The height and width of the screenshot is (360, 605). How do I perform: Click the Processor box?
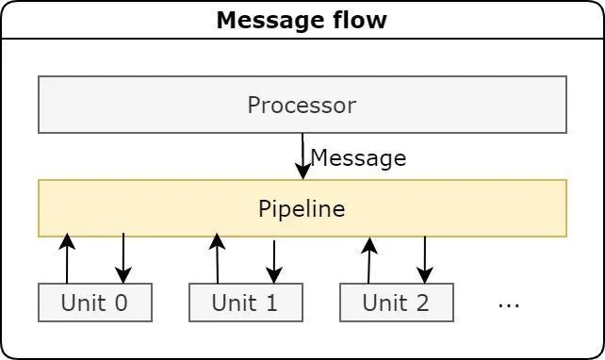click(x=302, y=105)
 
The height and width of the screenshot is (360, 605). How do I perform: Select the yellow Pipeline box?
click(x=302, y=208)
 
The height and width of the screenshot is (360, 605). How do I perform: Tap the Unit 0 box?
click(x=94, y=303)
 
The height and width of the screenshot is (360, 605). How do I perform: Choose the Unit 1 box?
click(x=245, y=303)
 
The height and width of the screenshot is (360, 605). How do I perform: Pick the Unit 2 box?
click(x=396, y=303)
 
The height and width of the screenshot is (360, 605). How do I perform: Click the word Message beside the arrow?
click(x=358, y=158)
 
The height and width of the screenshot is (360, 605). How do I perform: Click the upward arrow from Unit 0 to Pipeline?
click(x=67, y=259)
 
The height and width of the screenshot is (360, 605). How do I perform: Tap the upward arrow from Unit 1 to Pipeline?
click(x=218, y=259)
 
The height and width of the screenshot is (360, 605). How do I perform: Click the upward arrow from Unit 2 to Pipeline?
click(x=369, y=260)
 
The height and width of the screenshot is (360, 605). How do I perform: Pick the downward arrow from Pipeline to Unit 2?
click(x=425, y=260)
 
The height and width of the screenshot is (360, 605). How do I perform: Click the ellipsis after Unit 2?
click(x=508, y=304)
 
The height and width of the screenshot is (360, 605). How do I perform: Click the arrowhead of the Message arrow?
click(x=302, y=171)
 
